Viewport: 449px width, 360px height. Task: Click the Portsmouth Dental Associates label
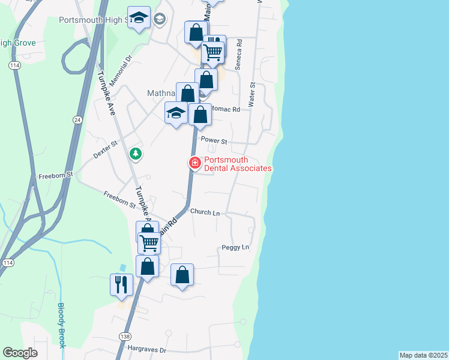[238, 164]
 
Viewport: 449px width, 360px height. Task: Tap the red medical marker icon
[194, 163]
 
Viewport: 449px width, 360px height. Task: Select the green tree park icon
[136, 154]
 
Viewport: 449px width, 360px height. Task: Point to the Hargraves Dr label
[146, 349]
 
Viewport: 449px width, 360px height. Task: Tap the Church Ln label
[205, 212]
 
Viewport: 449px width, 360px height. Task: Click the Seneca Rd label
[238, 56]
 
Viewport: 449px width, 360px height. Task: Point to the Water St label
[253, 95]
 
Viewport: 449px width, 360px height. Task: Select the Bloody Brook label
[62, 325]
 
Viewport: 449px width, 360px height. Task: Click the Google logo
[20, 353]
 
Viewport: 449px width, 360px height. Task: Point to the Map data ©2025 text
[423, 355]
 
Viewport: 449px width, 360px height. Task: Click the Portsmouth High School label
[93, 20]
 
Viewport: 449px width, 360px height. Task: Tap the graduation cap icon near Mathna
[175, 113]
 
